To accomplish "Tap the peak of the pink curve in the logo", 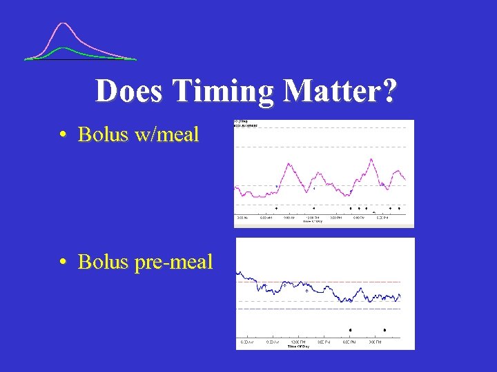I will (x=64, y=24).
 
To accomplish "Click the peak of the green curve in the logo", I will (x=63, y=48).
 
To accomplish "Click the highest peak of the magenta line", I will (x=371, y=159).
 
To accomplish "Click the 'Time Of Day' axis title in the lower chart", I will (x=299, y=346).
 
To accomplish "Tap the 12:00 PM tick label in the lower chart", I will (x=298, y=342).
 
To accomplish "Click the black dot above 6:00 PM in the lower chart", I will (x=351, y=330).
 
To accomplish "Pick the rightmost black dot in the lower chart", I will (x=384, y=330).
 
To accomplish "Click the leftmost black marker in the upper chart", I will (x=277, y=207).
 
